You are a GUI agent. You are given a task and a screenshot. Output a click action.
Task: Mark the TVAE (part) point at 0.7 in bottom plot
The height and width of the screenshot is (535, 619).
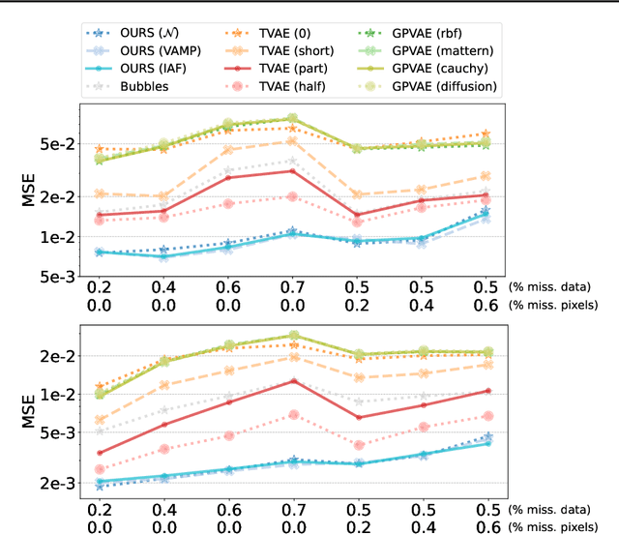click(x=293, y=381)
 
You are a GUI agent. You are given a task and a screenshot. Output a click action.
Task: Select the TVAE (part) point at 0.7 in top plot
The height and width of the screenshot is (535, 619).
click(x=293, y=171)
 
